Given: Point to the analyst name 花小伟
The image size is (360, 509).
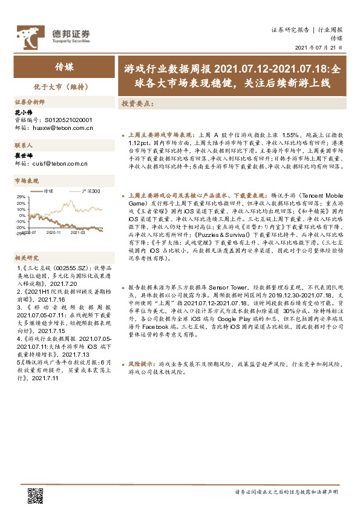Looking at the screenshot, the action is point(22,113).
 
